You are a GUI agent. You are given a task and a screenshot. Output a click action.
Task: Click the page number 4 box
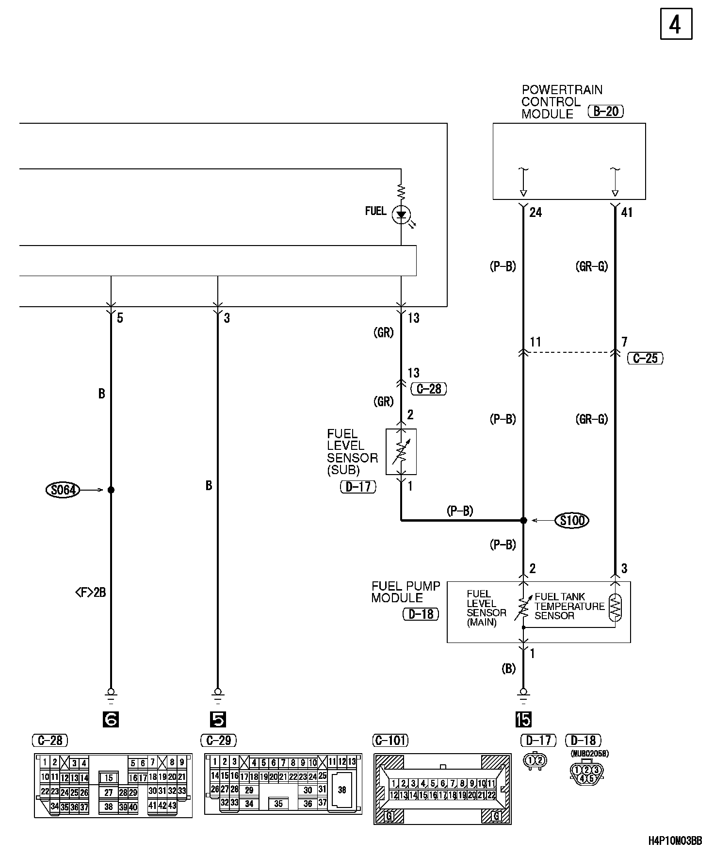(x=676, y=24)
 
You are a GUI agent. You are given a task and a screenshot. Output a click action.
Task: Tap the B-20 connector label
(x=605, y=112)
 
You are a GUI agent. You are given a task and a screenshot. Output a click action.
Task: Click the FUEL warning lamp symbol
(x=401, y=214)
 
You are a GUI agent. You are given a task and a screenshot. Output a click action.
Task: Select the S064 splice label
(x=63, y=490)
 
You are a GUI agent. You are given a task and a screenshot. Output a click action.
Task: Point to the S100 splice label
(x=572, y=521)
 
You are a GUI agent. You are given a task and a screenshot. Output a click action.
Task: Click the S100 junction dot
(x=523, y=520)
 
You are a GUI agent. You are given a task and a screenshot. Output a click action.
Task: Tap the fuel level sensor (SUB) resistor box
(x=401, y=451)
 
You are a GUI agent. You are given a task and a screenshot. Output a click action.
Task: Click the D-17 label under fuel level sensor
(x=358, y=487)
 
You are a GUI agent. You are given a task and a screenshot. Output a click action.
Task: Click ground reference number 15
(x=523, y=720)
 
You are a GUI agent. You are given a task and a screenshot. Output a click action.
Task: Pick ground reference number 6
(x=111, y=720)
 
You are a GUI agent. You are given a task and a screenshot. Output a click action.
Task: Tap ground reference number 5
(x=218, y=720)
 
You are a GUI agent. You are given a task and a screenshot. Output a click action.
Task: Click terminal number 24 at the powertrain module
(x=535, y=212)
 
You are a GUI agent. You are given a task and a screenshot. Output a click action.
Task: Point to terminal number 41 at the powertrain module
(x=626, y=212)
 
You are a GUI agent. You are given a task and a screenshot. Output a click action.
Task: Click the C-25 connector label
(x=645, y=358)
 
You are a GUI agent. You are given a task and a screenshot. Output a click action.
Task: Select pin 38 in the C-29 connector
(x=342, y=790)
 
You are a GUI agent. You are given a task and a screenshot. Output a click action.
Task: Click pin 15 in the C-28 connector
(x=109, y=778)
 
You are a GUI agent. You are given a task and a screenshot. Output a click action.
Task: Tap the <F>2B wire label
(x=90, y=592)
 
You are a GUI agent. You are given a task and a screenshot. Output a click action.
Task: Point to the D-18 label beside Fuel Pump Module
(x=421, y=614)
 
